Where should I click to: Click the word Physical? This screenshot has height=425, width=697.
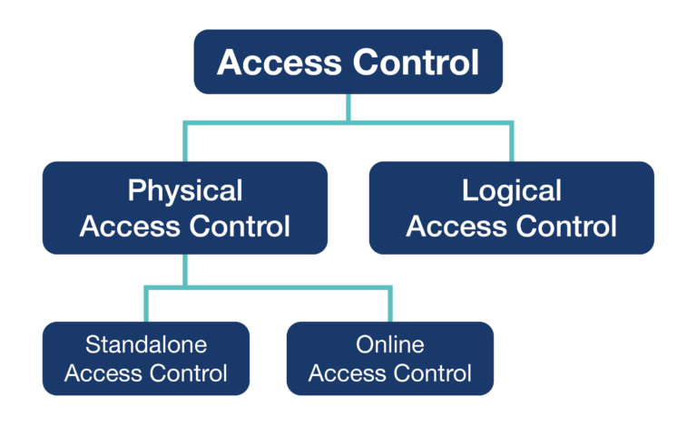[x=185, y=191]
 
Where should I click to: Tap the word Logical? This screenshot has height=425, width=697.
[x=511, y=191]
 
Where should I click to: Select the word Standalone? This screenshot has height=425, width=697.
[x=146, y=345]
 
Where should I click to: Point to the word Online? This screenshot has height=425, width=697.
[x=389, y=345]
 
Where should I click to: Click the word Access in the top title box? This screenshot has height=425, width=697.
[x=276, y=63]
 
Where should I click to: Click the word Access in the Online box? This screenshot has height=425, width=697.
[x=347, y=372]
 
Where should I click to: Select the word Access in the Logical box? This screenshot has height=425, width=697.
[x=459, y=226]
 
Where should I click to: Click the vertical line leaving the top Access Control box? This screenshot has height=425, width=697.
[x=348, y=107]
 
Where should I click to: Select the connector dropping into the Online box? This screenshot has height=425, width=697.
[x=389, y=306]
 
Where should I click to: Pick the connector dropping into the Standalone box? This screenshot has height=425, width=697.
[x=146, y=306]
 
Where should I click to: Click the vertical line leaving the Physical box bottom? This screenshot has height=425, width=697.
[x=185, y=270]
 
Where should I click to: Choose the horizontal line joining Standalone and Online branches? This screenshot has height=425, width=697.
[x=272, y=288]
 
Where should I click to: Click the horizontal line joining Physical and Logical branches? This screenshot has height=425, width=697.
[x=427, y=122]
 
